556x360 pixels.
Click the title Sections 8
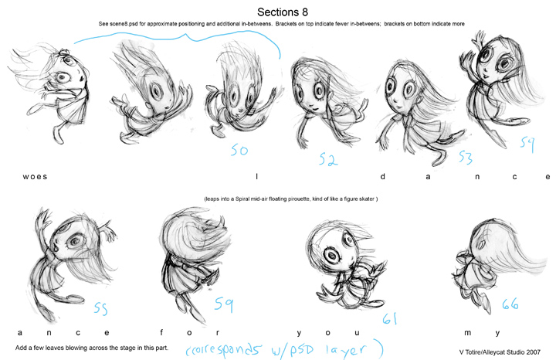[x=283, y=12]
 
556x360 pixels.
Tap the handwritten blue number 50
[x=239, y=150]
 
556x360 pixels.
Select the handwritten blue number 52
[x=328, y=159]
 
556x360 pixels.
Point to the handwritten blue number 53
[x=465, y=157]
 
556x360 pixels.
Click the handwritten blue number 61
[x=389, y=319]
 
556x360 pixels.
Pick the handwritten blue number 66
[x=510, y=304]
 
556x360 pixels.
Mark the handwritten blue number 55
[x=100, y=308]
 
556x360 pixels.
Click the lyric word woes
[x=35, y=177]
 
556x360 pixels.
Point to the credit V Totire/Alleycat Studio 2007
[x=500, y=352]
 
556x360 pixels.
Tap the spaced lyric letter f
[x=161, y=332]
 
